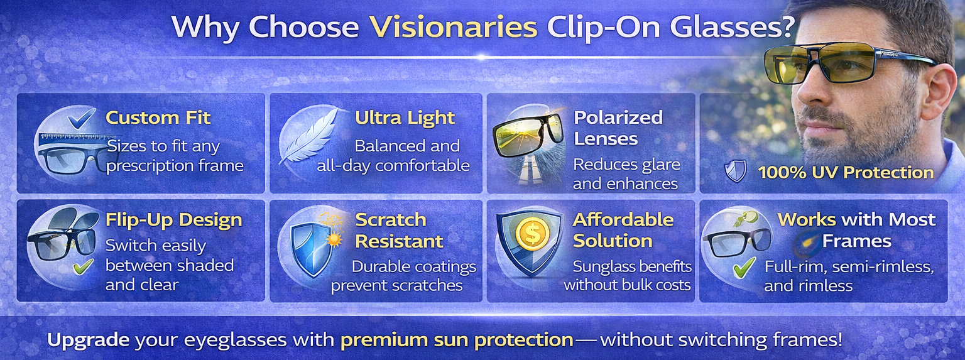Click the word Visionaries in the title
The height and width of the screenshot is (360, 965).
coord(452,28)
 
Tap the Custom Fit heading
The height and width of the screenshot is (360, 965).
coord(158,117)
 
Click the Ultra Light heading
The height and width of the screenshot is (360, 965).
coord(405,117)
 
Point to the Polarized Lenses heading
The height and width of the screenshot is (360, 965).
coord(609,128)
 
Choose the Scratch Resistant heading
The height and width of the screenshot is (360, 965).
coord(400,230)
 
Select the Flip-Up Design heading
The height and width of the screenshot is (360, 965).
coord(173,220)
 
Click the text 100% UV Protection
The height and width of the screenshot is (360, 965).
coord(846,172)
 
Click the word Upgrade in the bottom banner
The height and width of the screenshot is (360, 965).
coord(88,340)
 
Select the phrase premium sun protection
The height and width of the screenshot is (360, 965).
coord(457,340)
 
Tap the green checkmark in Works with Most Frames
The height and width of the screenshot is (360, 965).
coord(744,269)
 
